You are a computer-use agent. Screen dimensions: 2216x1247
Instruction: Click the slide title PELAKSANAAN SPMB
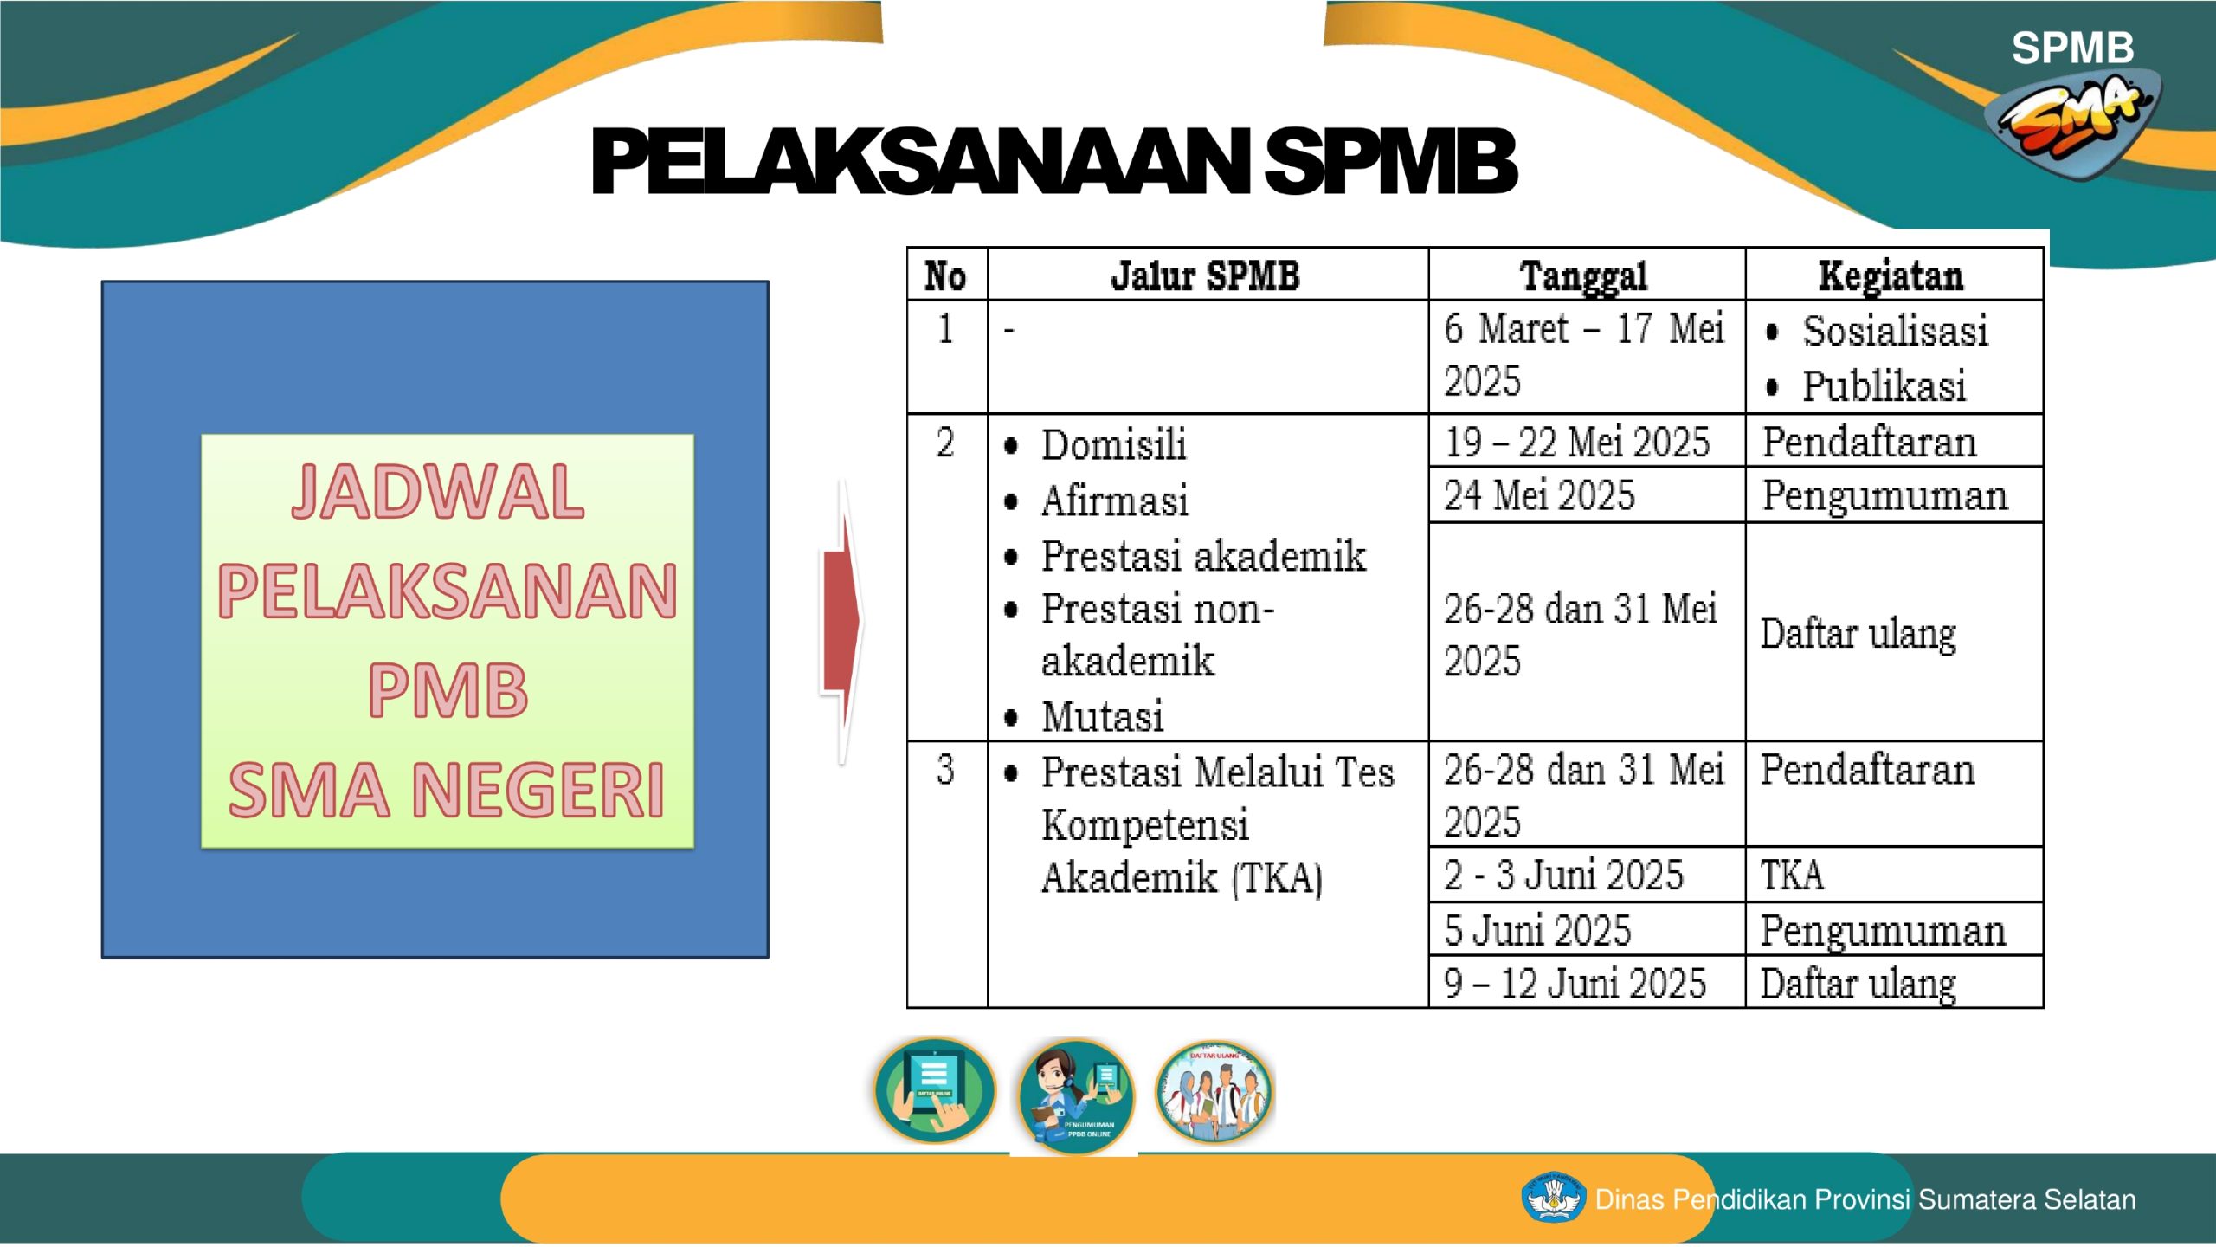pyautogui.click(x=1053, y=161)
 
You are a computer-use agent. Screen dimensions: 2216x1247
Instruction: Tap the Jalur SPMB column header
pyautogui.click(x=1205, y=275)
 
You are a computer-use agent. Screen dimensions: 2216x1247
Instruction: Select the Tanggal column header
pyautogui.click(x=1584, y=277)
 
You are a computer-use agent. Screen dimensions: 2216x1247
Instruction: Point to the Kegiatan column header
pyautogui.click(x=1891, y=277)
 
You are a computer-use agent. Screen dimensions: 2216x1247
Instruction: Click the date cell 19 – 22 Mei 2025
pyautogui.click(x=1577, y=442)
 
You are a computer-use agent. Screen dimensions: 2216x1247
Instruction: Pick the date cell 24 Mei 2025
pyautogui.click(x=1539, y=495)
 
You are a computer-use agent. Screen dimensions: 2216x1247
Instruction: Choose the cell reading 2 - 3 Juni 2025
pyautogui.click(x=1563, y=875)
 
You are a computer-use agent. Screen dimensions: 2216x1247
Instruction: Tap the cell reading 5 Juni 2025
pyautogui.click(x=1537, y=930)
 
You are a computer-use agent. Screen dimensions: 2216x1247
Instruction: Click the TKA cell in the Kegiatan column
pyautogui.click(x=1792, y=875)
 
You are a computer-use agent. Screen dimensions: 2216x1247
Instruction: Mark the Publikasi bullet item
pyautogui.click(x=1865, y=386)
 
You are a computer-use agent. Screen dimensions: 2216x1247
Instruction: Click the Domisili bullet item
pyautogui.click(x=1094, y=445)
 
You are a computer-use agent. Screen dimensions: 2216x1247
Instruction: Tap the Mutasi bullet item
pyautogui.click(x=1083, y=717)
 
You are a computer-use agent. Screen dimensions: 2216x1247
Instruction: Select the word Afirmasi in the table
pyautogui.click(x=1115, y=501)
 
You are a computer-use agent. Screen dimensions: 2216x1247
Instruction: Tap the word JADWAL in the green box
pyautogui.click(x=438, y=492)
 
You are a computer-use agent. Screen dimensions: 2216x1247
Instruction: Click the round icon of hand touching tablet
pyautogui.click(x=935, y=1090)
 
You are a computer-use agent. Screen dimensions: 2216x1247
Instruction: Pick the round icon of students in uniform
pyautogui.click(x=1214, y=1092)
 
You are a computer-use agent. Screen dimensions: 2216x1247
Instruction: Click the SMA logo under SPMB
pyautogui.click(x=2074, y=121)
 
